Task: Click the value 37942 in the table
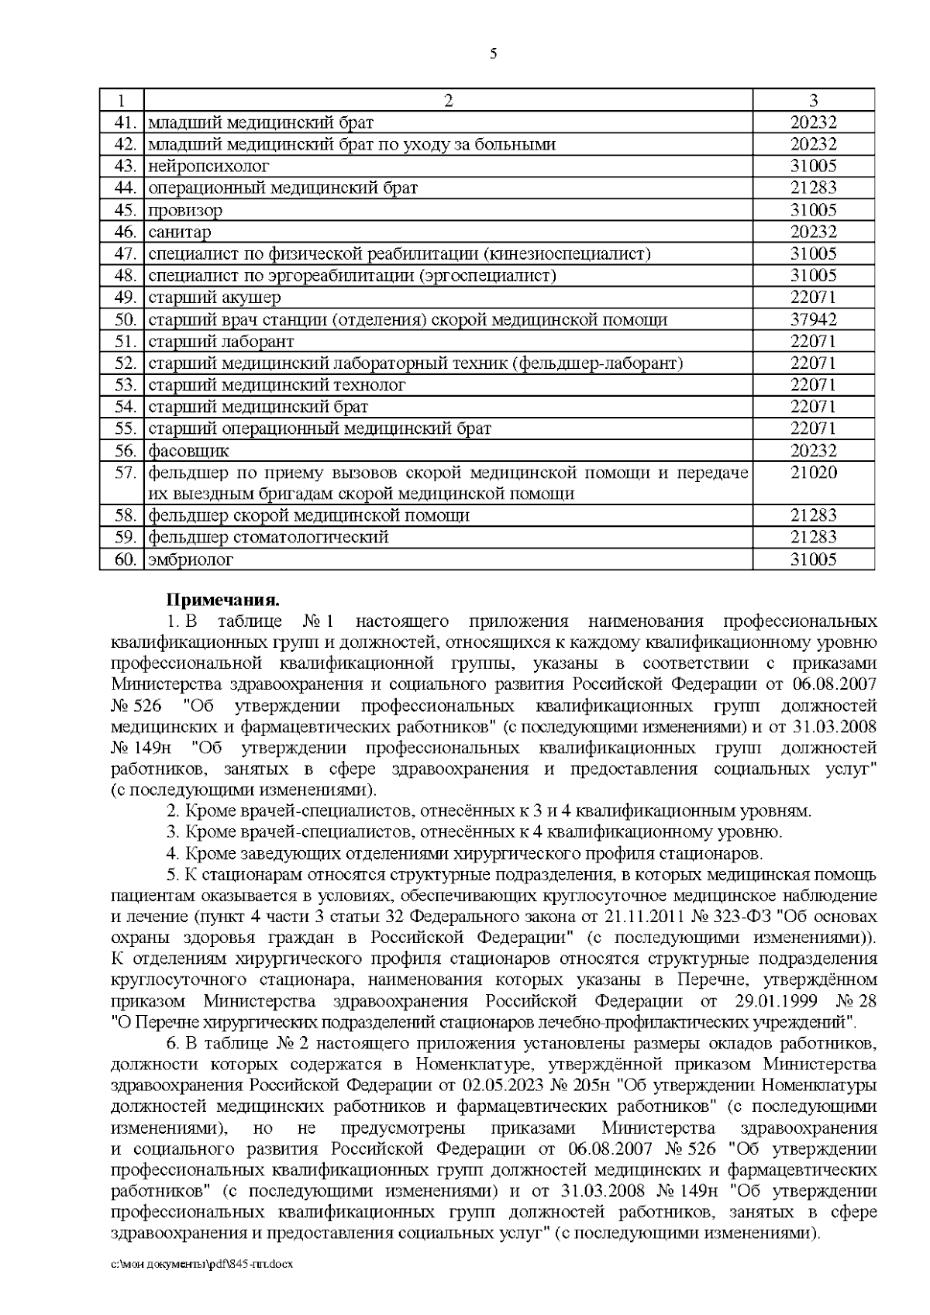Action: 813,319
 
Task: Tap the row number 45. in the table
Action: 124,210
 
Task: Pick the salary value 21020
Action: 813,473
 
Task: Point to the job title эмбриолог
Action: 190,559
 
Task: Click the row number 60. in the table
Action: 124,559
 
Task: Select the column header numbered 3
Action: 813,100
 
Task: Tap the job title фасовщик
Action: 188,451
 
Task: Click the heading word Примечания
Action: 222,600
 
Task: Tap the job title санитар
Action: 179,232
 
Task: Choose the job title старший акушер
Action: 214,298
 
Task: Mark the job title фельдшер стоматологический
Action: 268,537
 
